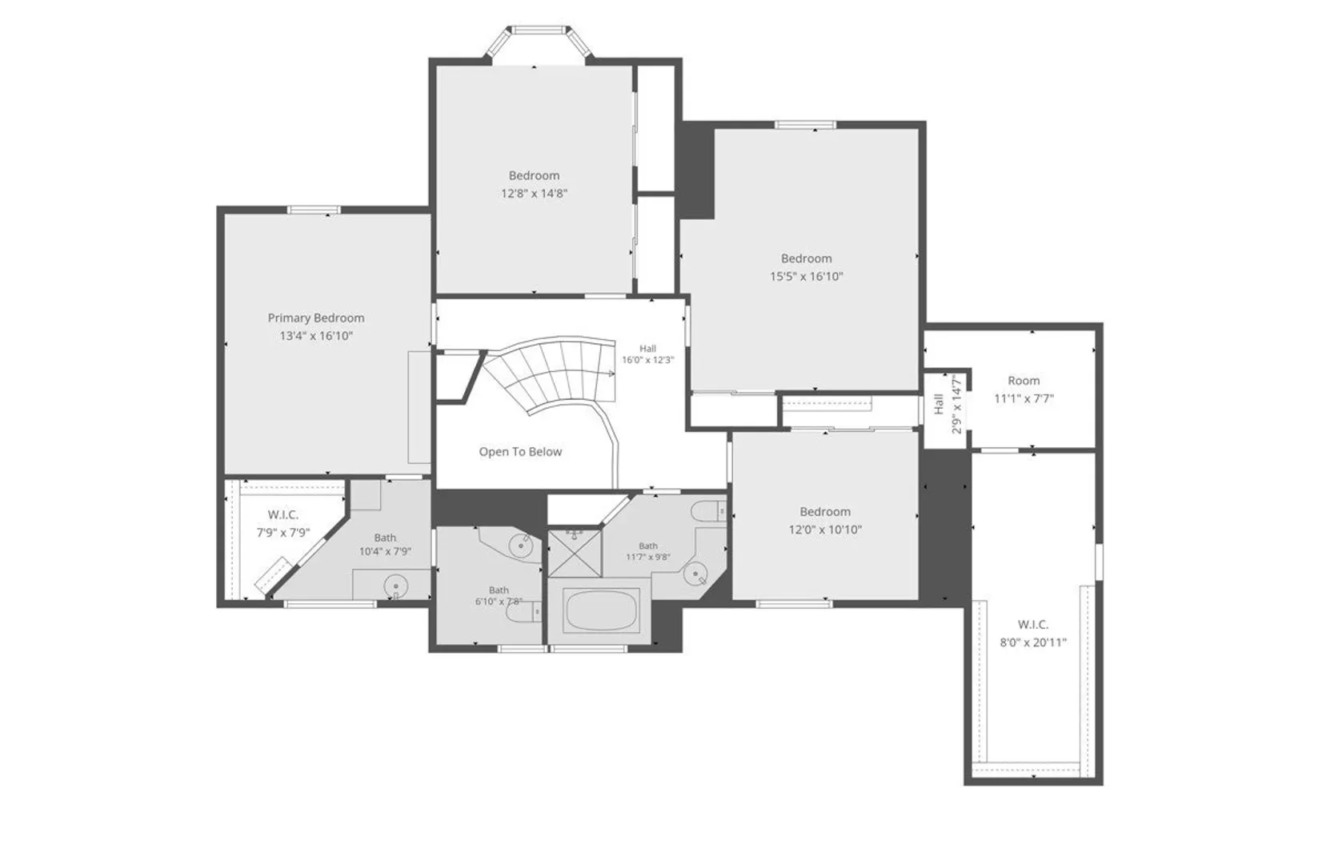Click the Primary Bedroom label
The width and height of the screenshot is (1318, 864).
pyautogui.click(x=316, y=318)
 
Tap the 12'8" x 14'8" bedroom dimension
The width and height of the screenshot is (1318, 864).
pyautogui.click(x=534, y=194)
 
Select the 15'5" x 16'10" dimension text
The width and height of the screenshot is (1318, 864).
pyautogui.click(x=806, y=277)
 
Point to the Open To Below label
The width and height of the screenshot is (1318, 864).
pyautogui.click(x=520, y=452)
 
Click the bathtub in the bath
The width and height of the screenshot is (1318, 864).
pyautogui.click(x=600, y=610)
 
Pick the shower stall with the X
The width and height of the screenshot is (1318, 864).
pyautogui.click(x=575, y=554)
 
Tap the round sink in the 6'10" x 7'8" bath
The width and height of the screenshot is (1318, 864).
pyautogui.click(x=521, y=546)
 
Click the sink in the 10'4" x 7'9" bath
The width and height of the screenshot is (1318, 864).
pyautogui.click(x=395, y=586)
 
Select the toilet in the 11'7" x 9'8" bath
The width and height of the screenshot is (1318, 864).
pyautogui.click(x=708, y=512)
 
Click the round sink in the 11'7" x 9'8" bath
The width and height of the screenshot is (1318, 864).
pyautogui.click(x=696, y=574)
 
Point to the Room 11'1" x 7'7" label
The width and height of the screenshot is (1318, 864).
pyautogui.click(x=1024, y=390)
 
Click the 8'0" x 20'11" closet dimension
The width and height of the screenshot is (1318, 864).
pyautogui.click(x=1033, y=643)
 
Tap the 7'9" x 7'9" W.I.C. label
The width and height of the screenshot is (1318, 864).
pyautogui.click(x=283, y=524)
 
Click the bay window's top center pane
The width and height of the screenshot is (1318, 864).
pyautogui.click(x=538, y=30)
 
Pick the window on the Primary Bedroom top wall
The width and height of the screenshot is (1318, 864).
pyautogui.click(x=314, y=210)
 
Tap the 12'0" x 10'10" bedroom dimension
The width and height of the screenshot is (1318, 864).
pyautogui.click(x=825, y=530)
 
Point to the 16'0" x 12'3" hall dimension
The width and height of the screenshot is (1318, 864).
pyautogui.click(x=648, y=360)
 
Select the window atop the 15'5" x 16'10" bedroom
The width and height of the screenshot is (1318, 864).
pyautogui.click(x=805, y=125)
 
